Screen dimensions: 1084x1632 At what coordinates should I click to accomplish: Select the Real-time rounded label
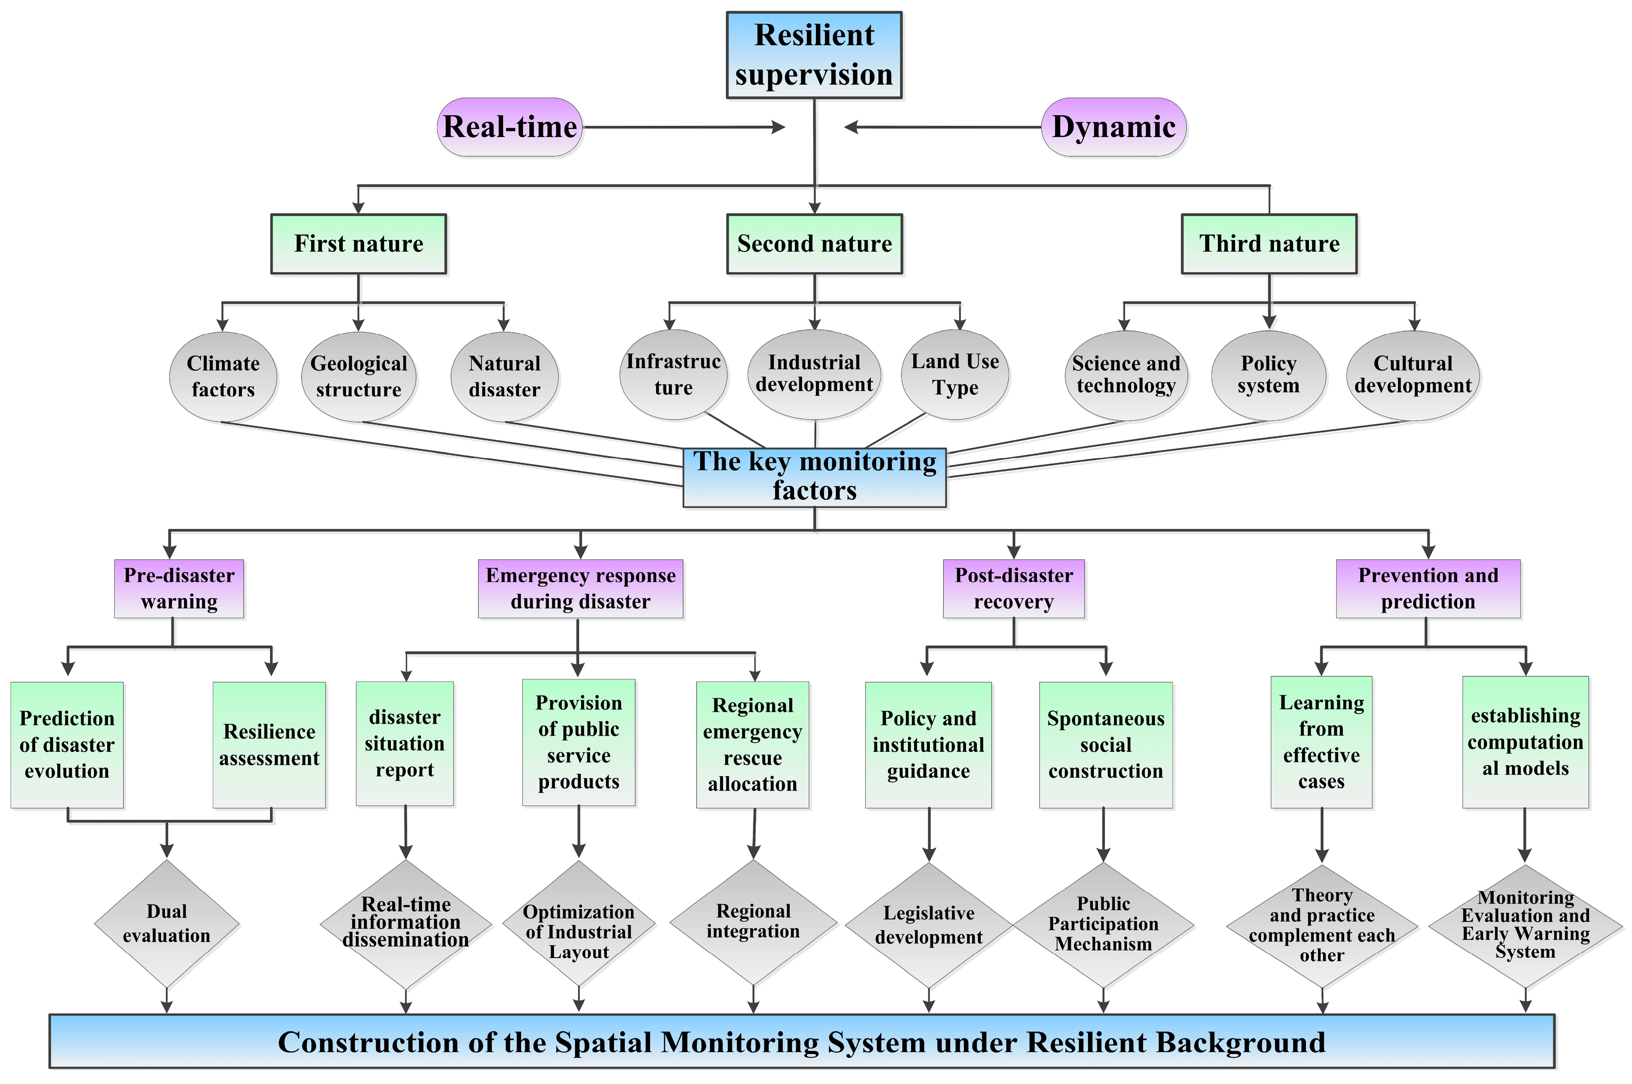pyautogui.click(x=509, y=127)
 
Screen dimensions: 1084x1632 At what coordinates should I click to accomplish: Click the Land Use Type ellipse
pyautogui.click(x=954, y=375)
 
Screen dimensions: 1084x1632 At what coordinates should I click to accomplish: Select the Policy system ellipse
pyautogui.click(x=1268, y=375)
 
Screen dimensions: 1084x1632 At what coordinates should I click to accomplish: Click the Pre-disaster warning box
pyautogui.click(x=179, y=588)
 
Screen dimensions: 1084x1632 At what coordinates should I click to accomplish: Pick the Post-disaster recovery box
pyautogui.click(x=1013, y=588)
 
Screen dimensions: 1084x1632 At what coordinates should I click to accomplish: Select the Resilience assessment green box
pyautogui.click(x=269, y=745)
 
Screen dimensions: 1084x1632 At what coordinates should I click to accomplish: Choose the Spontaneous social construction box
pyautogui.click(x=1105, y=745)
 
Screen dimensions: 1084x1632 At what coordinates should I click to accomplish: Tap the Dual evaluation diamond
pyautogui.click(x=167, y=924)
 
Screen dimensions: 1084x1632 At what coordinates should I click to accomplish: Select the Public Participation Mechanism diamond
pyautogui.click(x=1103, y=924)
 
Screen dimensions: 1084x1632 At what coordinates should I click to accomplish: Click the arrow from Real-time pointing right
pyautogui.click(x=685, y=127)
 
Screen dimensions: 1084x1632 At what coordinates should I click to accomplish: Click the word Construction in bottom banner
pyautogui.click(x=368, y=1042)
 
